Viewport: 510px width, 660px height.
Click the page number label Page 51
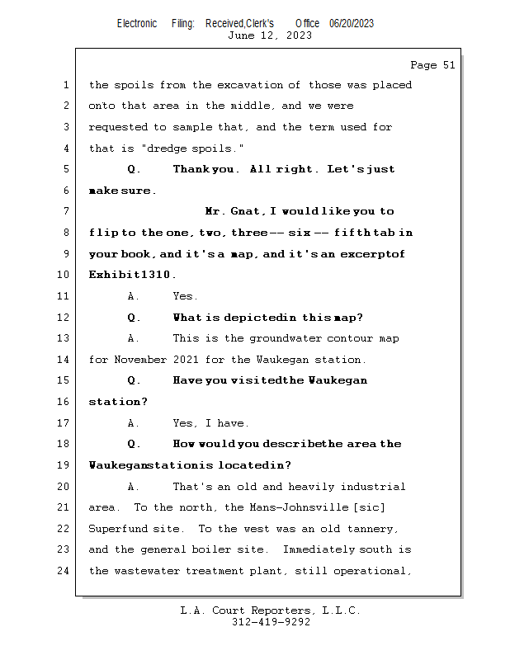tap(432, 65)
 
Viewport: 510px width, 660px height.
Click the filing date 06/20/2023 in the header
tap(352, 24)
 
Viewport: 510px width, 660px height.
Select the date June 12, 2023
tap(270, 35)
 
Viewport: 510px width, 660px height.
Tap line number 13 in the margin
tap(66, 338)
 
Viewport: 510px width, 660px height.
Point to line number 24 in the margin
tap(66, 571)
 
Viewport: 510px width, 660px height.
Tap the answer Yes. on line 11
tap(186, 296)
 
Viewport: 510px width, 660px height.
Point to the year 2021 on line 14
tap(187, 360)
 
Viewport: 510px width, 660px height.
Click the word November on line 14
tap(140, 360)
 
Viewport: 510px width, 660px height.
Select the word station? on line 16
tap(118, 402)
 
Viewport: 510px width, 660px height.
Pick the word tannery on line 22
tap(374, 529)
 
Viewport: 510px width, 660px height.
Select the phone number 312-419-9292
tap(270, 622)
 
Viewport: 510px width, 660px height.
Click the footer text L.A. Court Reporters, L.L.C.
tap(270, 610)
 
